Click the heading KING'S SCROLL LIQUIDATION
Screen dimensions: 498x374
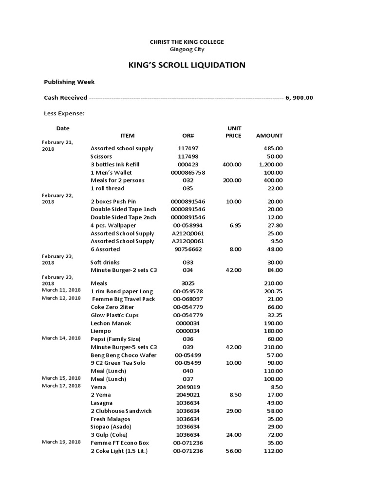[187, 65]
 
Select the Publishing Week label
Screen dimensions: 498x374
[69, 82]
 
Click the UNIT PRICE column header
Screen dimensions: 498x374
[233, 132]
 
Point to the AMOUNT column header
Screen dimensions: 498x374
[269, 136]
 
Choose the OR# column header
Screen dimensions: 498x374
[188, 136]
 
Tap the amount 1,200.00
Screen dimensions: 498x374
[271, 164]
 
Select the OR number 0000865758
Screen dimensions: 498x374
[188, 173]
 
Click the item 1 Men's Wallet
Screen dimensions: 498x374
[111, 173]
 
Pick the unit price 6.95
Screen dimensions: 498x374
[235, 225]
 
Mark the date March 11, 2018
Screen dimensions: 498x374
[61, 290]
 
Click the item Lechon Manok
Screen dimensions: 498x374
[111, 323]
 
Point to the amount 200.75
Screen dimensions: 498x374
[273, 291]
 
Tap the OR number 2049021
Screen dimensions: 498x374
[188, 395]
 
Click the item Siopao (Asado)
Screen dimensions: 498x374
[112, 427]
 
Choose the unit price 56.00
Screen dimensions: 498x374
[233, 451]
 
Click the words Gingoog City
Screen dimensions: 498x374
[187, 49]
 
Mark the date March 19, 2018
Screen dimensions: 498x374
[61, 442]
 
